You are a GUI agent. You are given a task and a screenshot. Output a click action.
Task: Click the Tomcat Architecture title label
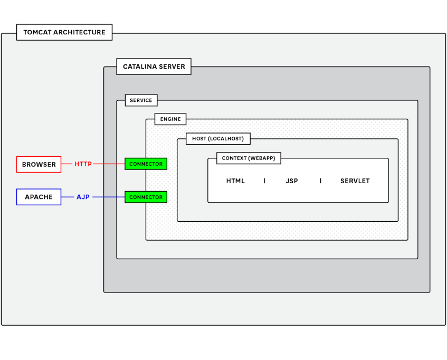tap(64, 32)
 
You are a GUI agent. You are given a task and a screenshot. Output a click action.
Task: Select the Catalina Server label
tap(154, 67)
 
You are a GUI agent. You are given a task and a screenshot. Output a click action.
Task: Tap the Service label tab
tap(141, 100)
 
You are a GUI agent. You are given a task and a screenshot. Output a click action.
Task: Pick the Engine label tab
tap(170, 119)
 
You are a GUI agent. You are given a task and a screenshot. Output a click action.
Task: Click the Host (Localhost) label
tap(217, 139)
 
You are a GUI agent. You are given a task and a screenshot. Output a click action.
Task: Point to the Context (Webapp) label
tap(248, 158)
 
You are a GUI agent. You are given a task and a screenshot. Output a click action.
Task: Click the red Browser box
tap(39, 164)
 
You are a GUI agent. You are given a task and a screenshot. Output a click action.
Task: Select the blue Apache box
tap(39, 197)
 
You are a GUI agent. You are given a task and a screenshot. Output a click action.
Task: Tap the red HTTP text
tap(83, 164)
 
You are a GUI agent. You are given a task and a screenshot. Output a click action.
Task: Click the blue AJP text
tap(83, 197)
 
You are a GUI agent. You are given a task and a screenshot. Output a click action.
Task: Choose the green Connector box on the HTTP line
tap(146, 164)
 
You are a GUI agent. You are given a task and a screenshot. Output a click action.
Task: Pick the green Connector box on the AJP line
tap(146, 197)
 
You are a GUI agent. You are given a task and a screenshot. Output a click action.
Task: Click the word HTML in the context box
tap(235, 181)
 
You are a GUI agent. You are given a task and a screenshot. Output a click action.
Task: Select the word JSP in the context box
tap(291, 181)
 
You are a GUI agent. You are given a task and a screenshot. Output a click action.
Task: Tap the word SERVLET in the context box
tap(355, 181)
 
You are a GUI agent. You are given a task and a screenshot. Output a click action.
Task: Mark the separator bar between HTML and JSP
tap(264, 181)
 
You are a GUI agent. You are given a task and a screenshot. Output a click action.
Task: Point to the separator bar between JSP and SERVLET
tap(320, 181)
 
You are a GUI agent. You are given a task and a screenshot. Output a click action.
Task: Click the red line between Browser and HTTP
tap(66, 164)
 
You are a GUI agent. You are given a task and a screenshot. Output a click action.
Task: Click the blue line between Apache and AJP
tap(68, 197)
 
